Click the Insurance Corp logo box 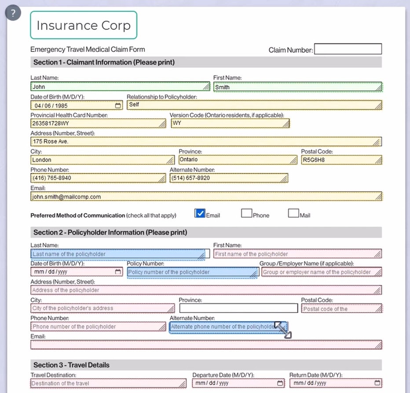(84, 25)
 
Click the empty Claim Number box (348, 49)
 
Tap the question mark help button (13, 13)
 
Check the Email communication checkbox (200, 214)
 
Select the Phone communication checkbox (246, 214)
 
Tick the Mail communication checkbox (293, 214)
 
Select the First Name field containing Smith (297, 87)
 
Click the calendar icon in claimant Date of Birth (118, 106)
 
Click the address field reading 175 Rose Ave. (206, 142)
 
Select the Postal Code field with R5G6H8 (341, 160)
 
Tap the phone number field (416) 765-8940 (98, 178)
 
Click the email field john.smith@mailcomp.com (206, 196)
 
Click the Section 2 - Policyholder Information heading (110, 233)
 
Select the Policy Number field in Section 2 (192, 272)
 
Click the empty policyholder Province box (238, 308)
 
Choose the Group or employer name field (321, 272)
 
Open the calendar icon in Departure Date (281, 383)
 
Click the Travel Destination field (108, 383)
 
